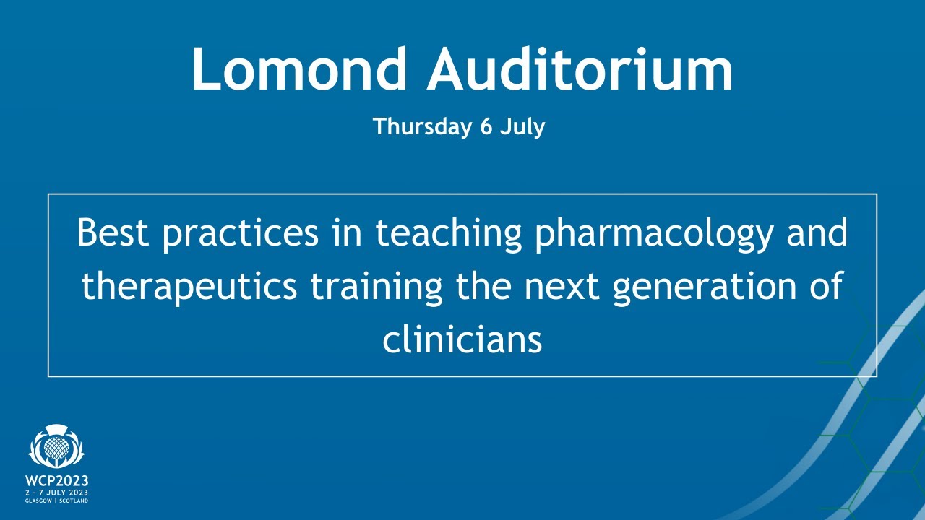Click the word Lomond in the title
click(x=299, y=69)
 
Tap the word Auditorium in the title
click(x=580, y=69)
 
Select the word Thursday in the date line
click(x=421, y=127)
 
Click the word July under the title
click(x=523, y=128)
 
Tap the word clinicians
click(x=462, y=339)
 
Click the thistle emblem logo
click(x=56, y=448)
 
